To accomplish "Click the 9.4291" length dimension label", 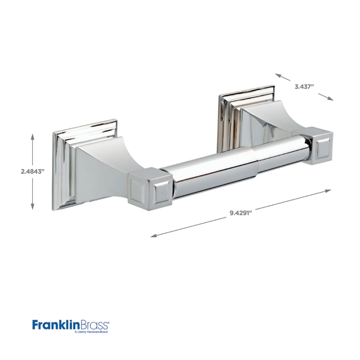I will coord(241,213).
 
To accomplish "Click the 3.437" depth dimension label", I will coord(304,86).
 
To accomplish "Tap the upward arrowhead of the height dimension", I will coord(32,136).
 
